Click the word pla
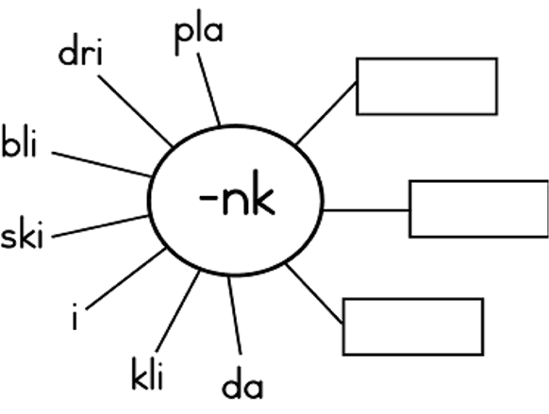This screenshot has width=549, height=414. [x=198, y=32]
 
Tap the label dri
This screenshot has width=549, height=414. [x=80, y=50]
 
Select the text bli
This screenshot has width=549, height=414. [x=19, y=141]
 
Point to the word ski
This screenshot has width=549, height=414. [x=22, y=233]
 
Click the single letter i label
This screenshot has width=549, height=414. [x=75, y=316]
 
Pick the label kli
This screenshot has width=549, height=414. [x=147, y=373]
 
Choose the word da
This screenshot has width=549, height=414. [x=242, y=382]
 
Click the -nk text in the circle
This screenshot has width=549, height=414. [x=237, y=192]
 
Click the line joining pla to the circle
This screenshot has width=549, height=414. [x=208, y=89]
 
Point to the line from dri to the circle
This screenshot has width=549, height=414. [x=135, y=110]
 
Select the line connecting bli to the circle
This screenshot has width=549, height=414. [x=102, y=164]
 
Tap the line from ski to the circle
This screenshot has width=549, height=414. [x=101, y=226]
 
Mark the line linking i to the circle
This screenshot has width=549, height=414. [x=125, y=278]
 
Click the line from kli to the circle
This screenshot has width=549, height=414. [x=178, y=311]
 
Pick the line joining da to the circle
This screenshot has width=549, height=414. [x=235, y=316]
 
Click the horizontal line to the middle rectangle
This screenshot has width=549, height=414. [x=366, y=210]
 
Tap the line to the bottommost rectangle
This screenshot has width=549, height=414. [x=314, y=293]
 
